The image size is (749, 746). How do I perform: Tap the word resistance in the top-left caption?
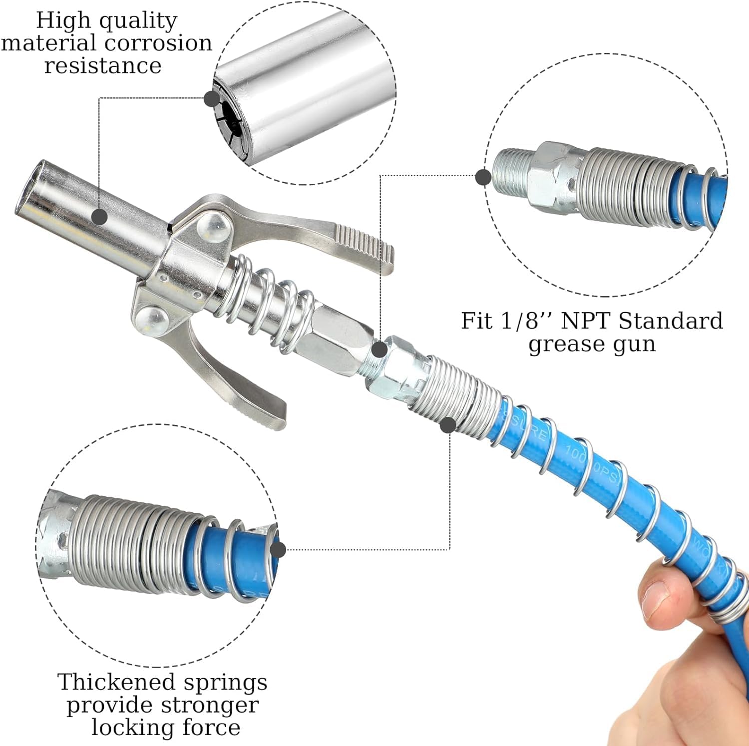103,65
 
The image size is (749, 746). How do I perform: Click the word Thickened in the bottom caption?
116,682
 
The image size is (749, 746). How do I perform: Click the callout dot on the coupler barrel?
100,217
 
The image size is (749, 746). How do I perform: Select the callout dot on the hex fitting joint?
379,349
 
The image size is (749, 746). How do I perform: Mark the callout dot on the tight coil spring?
448,425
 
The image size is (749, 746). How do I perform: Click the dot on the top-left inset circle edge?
212,98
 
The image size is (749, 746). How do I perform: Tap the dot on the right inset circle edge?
483,177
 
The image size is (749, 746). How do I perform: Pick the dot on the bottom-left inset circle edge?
278,550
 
